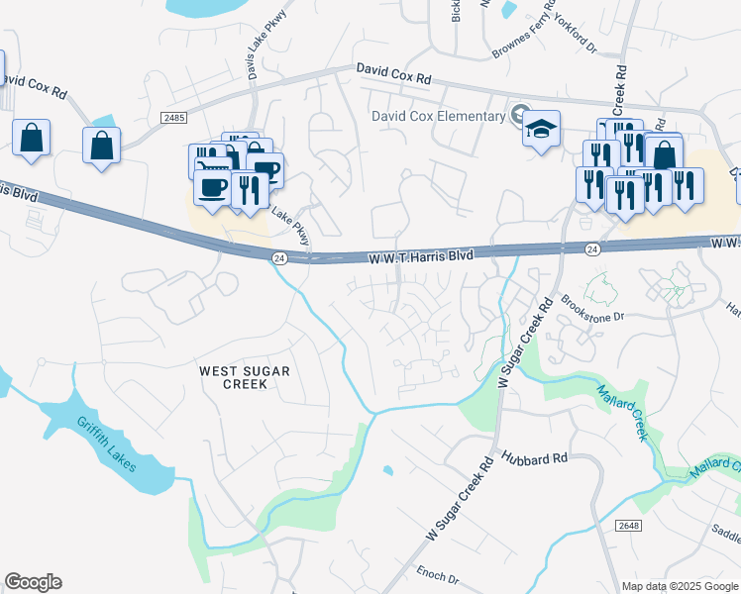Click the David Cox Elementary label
coord(438,116)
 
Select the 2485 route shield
coord(173,118)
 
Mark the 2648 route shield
coord(627,524)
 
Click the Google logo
coord(33,582)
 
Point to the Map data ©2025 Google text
coord(680,586)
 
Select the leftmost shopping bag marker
coord(31,139)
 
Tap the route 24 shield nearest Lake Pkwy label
coord(279,257)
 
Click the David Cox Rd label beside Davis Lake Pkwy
coord(393,73)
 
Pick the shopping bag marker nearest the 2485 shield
coord(101,147)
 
